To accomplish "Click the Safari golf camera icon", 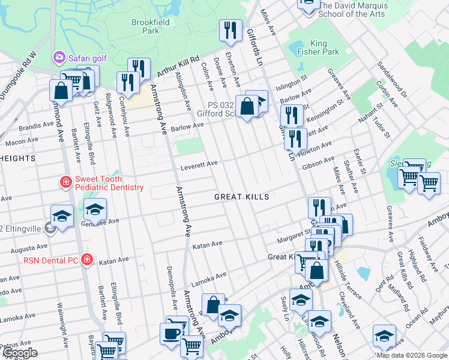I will pyautogui.click(x=59, y=57).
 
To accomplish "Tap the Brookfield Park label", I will pyautogui.click(x=150, y=26).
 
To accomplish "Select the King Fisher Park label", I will pyautogui.click(x=318, y=47).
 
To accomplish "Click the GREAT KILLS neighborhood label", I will pyautogui.click(x=242, y=197).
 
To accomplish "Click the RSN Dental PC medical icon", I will pyautogui.click(x=87, y=260).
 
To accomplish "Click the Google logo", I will pyautogui.click(x=20, y=353).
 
